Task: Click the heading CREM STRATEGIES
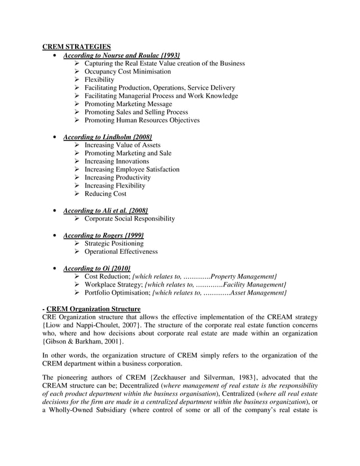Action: pyautogui.click(x=77, y=47)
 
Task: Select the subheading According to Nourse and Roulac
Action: pyautogui.click(x=121, y=55)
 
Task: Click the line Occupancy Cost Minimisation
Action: pyautogui.click(x=128, y=72)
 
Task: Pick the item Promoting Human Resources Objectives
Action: pyautogui.click(x=142, y=120)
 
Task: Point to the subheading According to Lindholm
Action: pyautogui.click(x=107, y=137)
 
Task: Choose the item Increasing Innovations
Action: pyautogui.click(x=117, y=161)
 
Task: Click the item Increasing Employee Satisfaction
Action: pyautogui.click(x=132, y=169)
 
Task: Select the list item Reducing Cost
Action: pyautogui.click(x=106, y=194)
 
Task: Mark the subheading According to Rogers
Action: pyautogui.click(x=103, y=235)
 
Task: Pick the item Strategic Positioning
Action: pyautogui.click(x=114, y=243)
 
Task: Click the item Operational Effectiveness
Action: pyautogui.click(x=121, y=252)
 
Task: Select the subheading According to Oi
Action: pyautogui.click(x=97, y=268)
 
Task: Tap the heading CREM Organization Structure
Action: pyautogui.click(x=93, y=309)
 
